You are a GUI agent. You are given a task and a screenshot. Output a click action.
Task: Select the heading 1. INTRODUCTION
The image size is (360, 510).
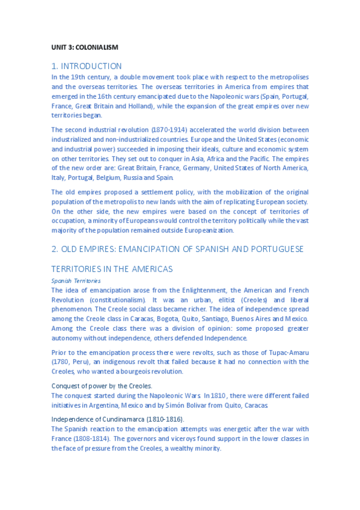(87, 66)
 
